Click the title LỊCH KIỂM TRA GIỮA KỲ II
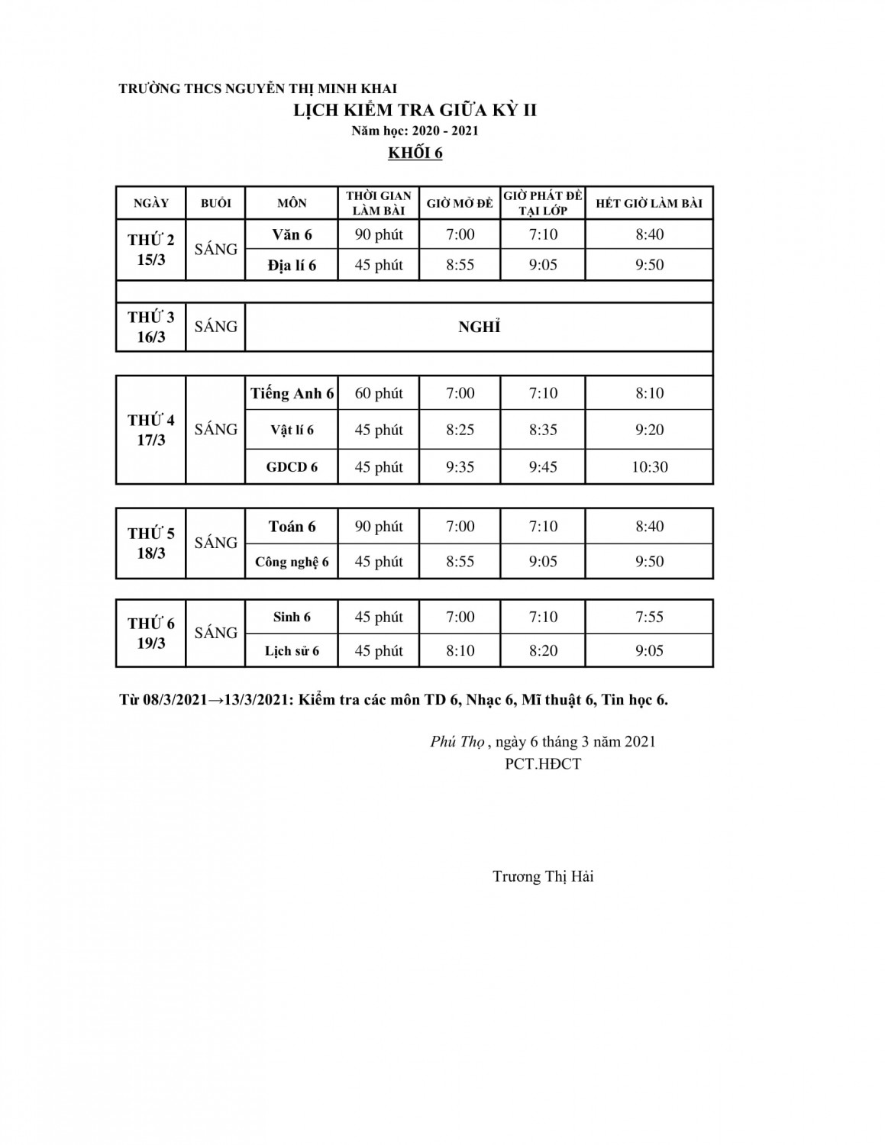pyautogui.click(x=415, y=110)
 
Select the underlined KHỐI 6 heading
pyautogui.click(x=415, y=153)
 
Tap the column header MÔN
pyautogui.click(x=292, y=203)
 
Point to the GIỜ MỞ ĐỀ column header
pyautogui.click(x=460, y=203)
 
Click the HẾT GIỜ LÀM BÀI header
pyautogui.click(x=649, y=203)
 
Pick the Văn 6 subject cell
pyautogui.click(x=292, y=234)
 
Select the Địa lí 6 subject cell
pyautogui.click(x=292, y=265)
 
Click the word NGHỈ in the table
pyautogui.click(x=479, y=327)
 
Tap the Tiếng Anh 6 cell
pyautogui.click(x=292, y=393)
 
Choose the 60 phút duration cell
pyautogui.click(x=379, y=393)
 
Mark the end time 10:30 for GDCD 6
pyautogui.click(x=649, y=466)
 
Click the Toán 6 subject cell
pyautogui.click(x=292, y=526)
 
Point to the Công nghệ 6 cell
pyautogui.click(x=292, y=562)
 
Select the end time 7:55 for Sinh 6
pyautogui.click(x=649, y=617)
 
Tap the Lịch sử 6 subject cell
pyautogui.click(x=292, y=651)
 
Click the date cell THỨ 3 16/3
pyautogui.click(x=151, y=327)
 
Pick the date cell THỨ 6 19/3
pyautogui.click(x=151, y=633)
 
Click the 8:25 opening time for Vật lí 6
pyautogui.click(x=460, y=430)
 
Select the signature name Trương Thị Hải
pyautogui.click(x=543, y=876)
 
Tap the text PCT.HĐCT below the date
pyautogui.click(x=543, y=763)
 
